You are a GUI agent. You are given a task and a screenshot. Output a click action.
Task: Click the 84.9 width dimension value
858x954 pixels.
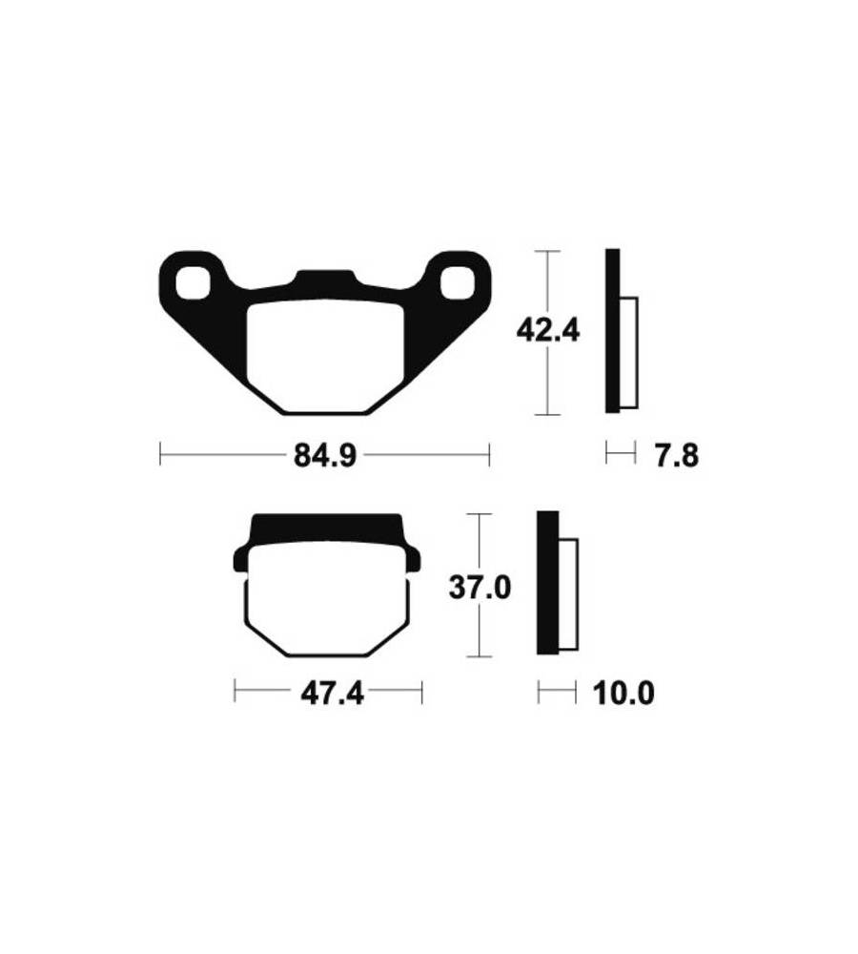click(325, 455)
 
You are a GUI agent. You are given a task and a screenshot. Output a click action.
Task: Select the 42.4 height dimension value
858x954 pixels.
click(548, 331)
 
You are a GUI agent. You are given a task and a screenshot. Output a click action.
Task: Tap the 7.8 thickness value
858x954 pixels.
click(677, 456)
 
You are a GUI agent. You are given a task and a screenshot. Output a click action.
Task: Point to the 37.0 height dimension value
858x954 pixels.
click(480, 589)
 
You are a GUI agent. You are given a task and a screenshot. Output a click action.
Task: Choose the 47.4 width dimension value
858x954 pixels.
click(332, 694)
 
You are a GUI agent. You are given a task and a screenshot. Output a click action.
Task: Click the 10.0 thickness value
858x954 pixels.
click(623, 694)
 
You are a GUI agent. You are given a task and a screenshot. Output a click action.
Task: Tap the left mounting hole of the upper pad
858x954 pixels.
click(193, 283)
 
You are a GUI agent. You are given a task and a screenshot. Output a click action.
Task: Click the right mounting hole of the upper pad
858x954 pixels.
click(458, 283)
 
